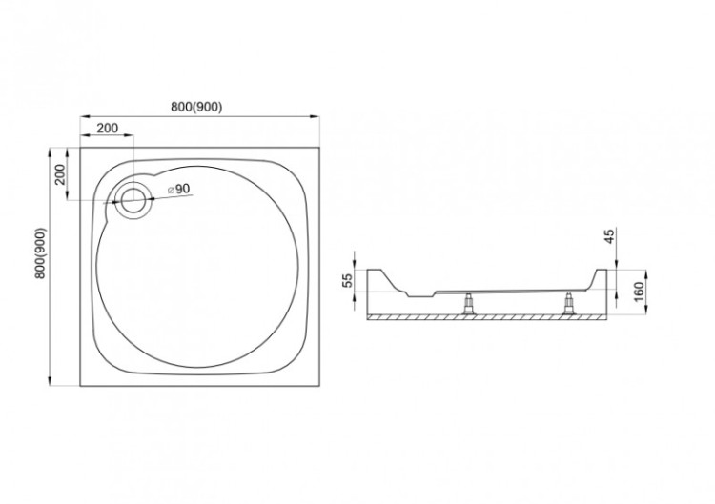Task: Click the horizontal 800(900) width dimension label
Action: coord(197,107)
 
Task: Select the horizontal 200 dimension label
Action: coord(107,128)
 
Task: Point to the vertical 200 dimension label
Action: coord(59,174)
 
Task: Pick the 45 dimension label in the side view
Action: coord(611,235)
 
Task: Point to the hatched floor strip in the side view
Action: coord(486,316)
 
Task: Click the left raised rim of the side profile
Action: coord(381,279)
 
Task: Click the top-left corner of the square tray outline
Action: coord(80,147)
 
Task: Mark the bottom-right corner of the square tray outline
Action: coord(317,385)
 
